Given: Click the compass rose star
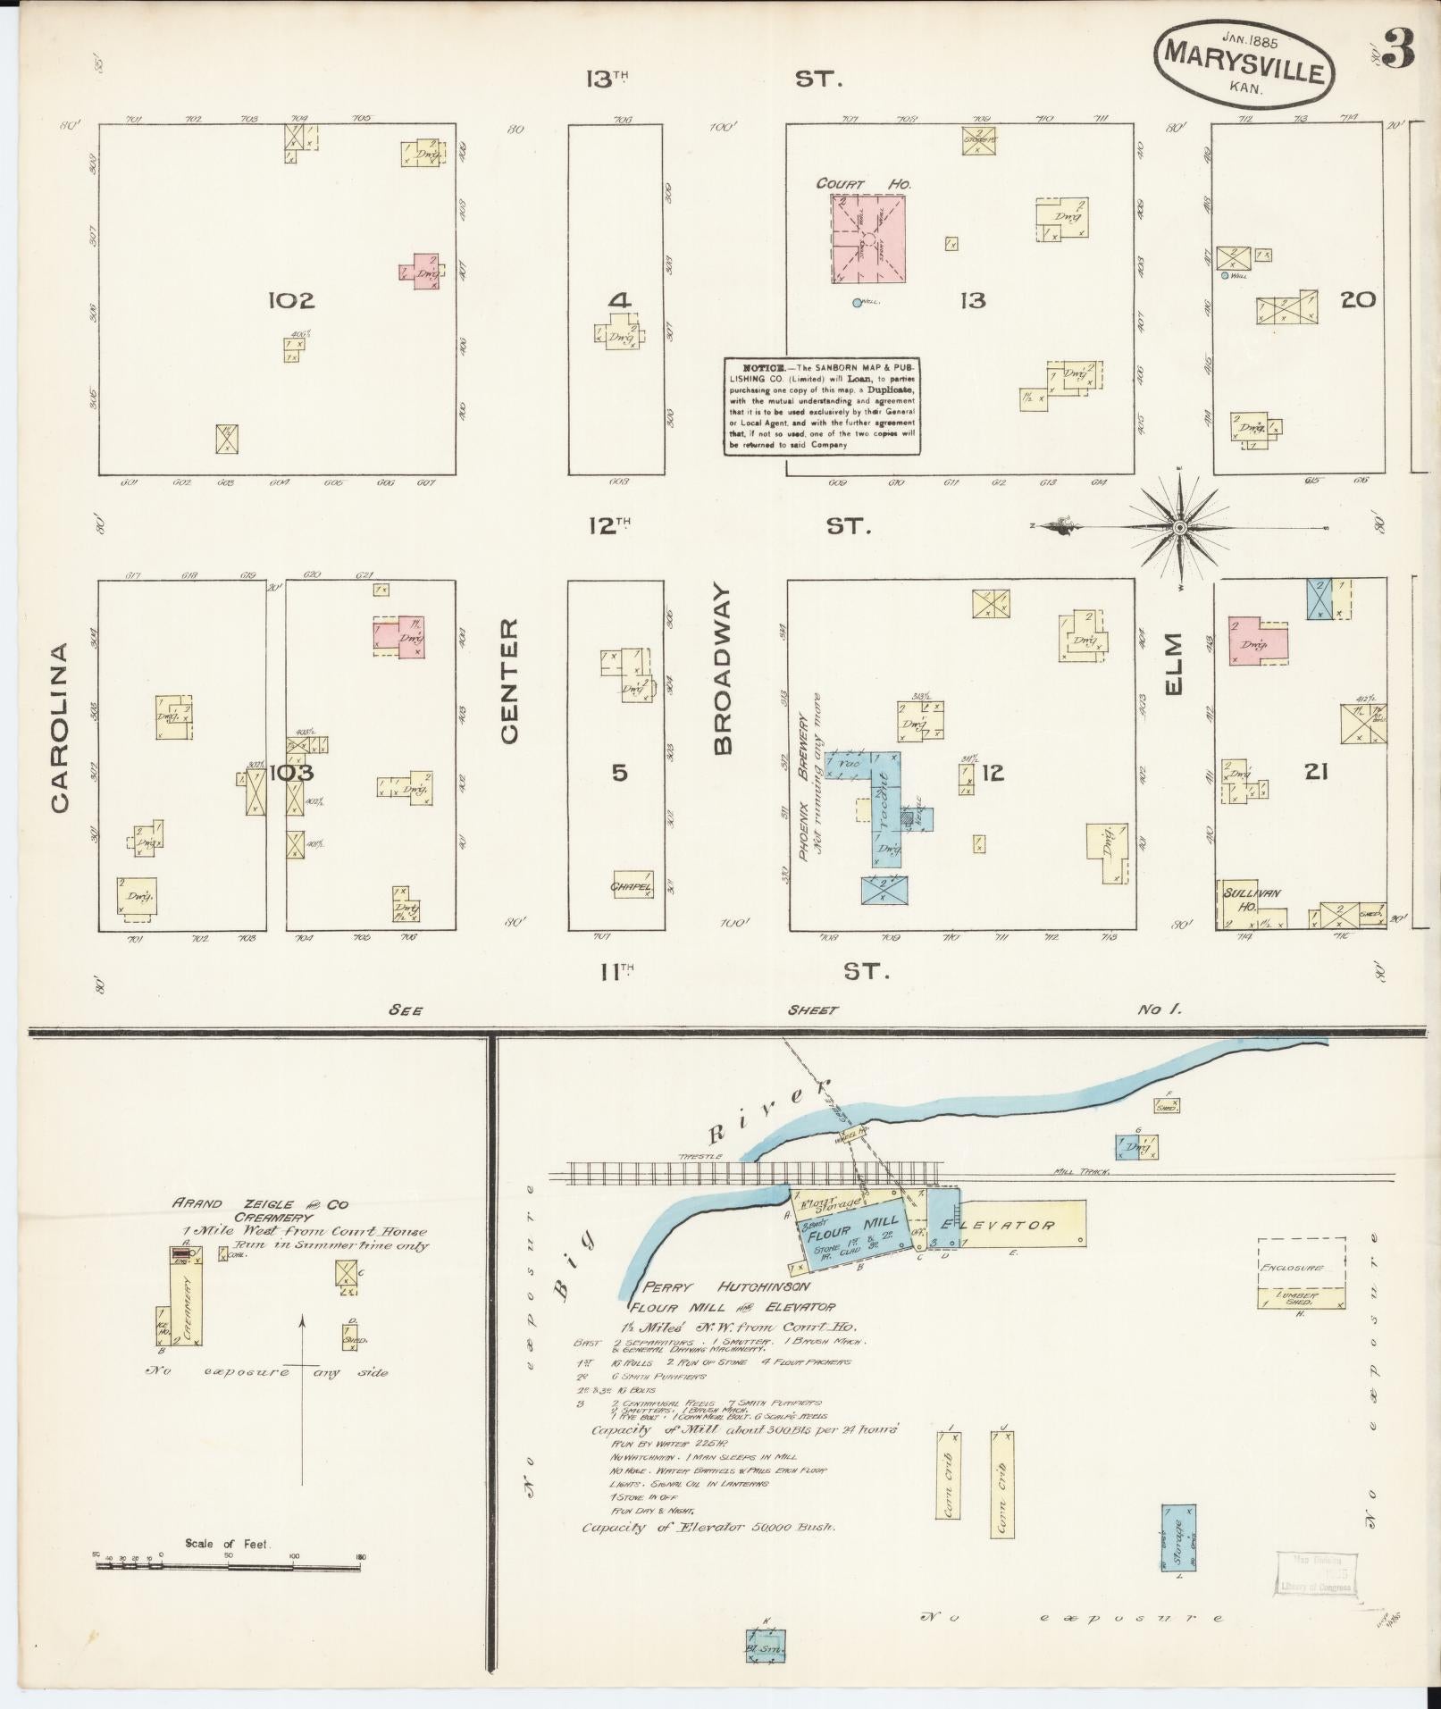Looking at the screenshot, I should [x=1179, y=528].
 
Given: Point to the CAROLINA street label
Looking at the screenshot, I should [x=60, y=727].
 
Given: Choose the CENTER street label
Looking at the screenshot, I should [x=508, y=681].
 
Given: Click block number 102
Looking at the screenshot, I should [x=291, y=301].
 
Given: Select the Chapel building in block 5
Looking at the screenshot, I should [x=633, y=884].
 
